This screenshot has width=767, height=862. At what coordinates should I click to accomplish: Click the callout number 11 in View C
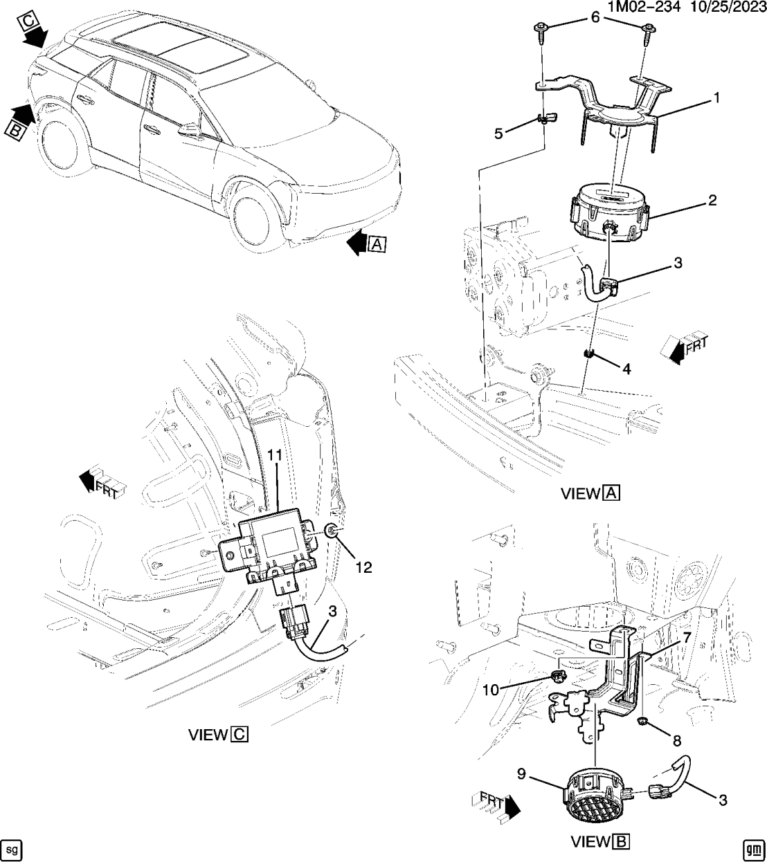coord(276,455)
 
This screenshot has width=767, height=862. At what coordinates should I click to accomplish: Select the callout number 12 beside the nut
coord(363,567)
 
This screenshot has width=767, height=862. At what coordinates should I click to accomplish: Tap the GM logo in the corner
coord(752,847)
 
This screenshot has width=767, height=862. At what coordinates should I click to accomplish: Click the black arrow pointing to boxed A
coord(357,243)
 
